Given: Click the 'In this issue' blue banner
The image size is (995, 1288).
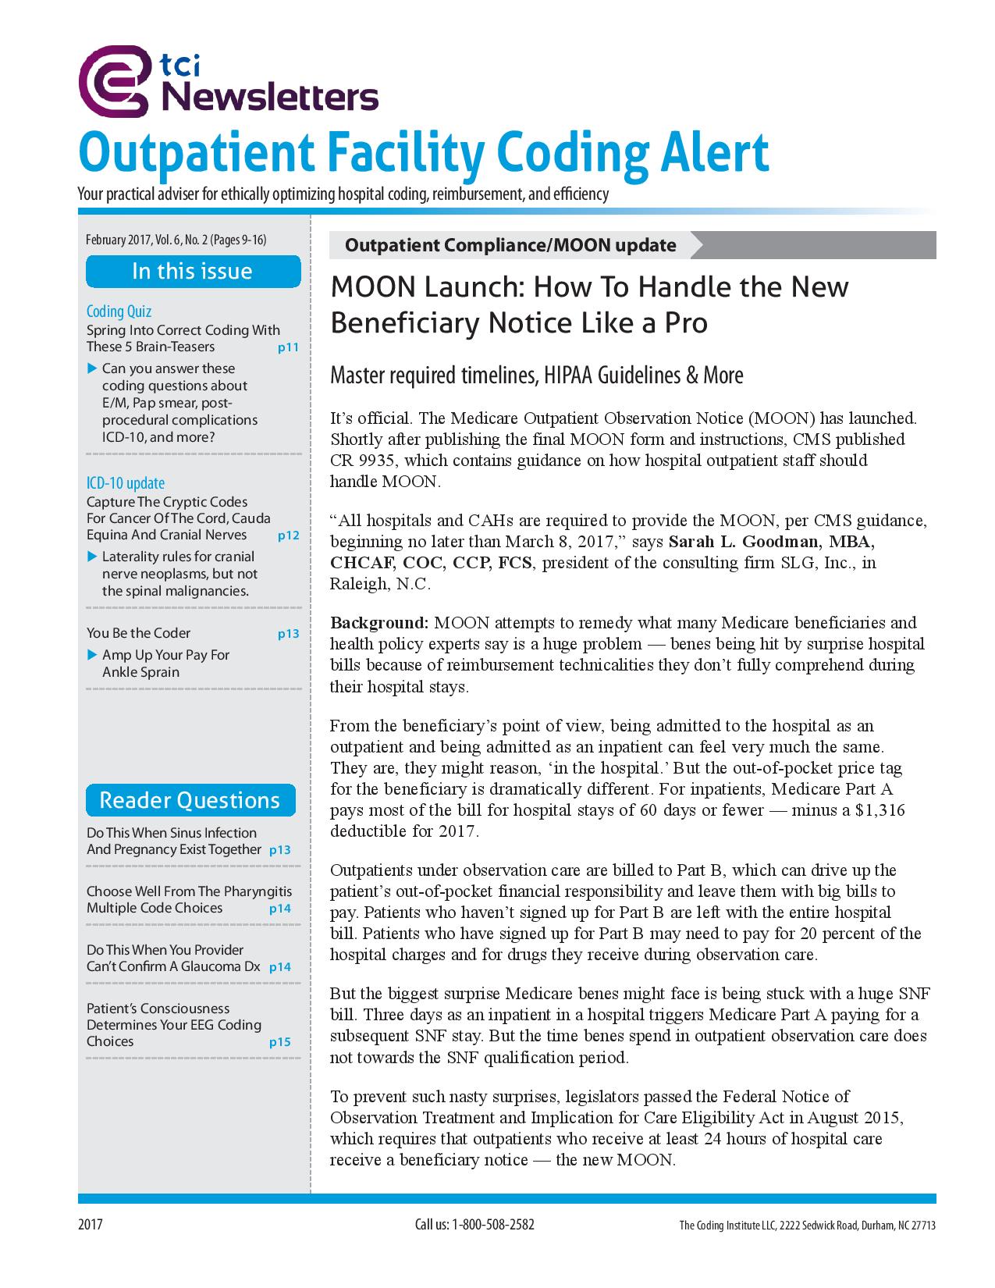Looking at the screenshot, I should [192, 272].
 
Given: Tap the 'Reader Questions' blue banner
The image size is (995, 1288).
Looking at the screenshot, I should [190, 800].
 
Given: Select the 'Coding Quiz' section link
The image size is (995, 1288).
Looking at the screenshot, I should [119, 312].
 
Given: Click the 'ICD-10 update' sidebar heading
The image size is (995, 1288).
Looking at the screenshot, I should [126, 483].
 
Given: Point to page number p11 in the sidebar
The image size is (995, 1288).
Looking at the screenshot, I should [288, 348].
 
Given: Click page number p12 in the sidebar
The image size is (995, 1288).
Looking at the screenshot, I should [288, 536].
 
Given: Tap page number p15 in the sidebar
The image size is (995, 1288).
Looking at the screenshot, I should [279, 1042].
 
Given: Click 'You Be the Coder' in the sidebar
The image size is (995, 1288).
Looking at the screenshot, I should [138, 633].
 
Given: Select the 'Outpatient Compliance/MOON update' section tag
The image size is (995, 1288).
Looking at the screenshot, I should [510, 245].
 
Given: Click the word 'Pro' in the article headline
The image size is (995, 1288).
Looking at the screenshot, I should [683, 322].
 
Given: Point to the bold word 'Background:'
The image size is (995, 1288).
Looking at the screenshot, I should [379, 623].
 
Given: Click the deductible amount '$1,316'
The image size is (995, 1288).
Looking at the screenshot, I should [880, 810].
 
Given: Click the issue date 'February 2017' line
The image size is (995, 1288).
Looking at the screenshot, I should [120, 240].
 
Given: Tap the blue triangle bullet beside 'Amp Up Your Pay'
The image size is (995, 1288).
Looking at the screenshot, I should [92, 654].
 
